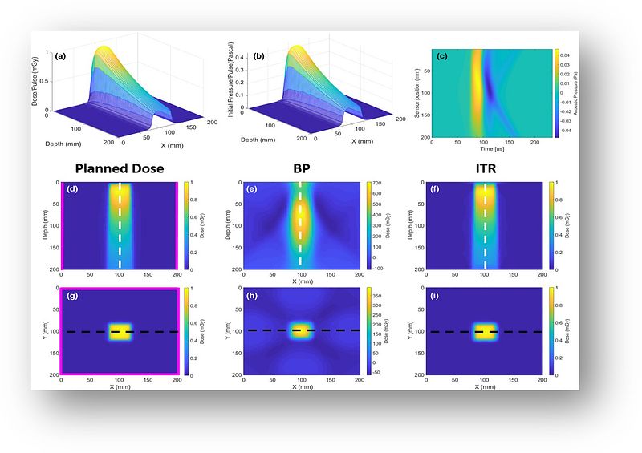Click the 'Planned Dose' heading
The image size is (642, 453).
119,169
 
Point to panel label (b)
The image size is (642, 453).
258,56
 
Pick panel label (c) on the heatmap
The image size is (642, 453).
441,56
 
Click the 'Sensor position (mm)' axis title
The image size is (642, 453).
416,91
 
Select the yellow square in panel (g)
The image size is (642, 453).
119,331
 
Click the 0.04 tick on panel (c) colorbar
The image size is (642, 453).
566,54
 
